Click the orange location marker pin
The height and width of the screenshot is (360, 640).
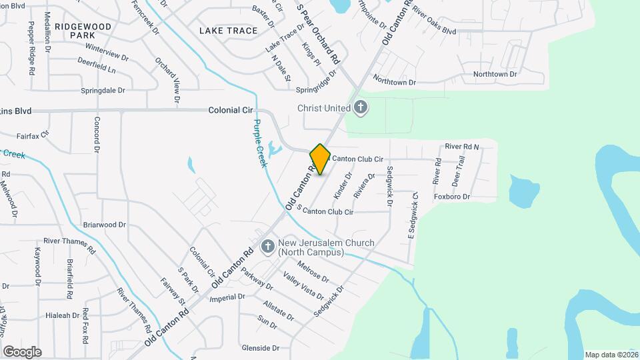(320, 159)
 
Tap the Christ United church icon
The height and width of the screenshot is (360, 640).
(361, 108)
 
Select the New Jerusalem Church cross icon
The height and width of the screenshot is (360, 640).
(267, 247)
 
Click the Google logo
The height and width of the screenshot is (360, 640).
(22, 351)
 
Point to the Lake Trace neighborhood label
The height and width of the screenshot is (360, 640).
(228, 31)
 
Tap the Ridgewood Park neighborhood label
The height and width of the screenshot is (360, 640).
(82, 31)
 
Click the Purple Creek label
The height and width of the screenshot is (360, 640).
(259, 144)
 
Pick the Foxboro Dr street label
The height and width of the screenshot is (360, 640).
(452, 197)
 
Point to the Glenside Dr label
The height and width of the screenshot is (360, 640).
(261, 348)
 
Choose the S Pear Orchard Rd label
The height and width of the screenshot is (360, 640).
(318, 32)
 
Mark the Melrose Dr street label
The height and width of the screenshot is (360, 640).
(313, 272)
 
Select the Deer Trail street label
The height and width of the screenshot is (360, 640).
(457, 171)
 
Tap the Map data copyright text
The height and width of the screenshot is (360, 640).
(611, 355)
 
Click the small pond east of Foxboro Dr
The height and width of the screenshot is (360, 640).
(524, 191)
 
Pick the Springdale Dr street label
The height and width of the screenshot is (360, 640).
(103, 90)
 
